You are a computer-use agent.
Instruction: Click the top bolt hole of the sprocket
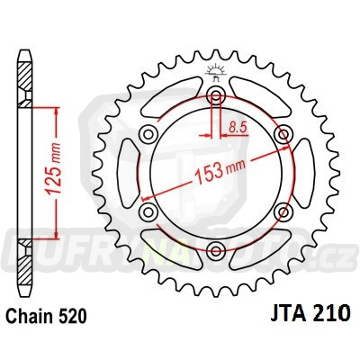point(216,96)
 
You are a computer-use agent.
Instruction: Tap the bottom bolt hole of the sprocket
point(216,251)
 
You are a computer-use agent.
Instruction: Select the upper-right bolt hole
point(283,135)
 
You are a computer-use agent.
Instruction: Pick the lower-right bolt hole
point(283,212)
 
